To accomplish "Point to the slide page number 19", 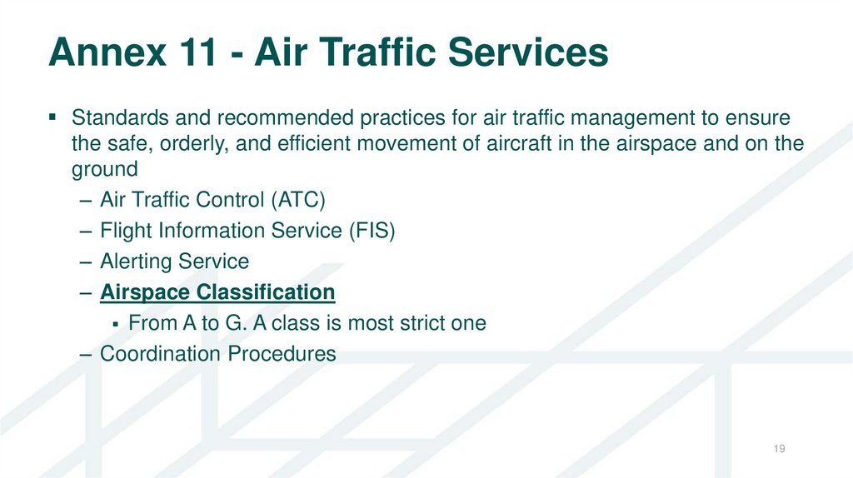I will point(780,450).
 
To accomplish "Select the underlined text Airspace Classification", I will point(217,292).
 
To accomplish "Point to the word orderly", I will point(194,143).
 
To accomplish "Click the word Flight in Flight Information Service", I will point(125,231).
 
